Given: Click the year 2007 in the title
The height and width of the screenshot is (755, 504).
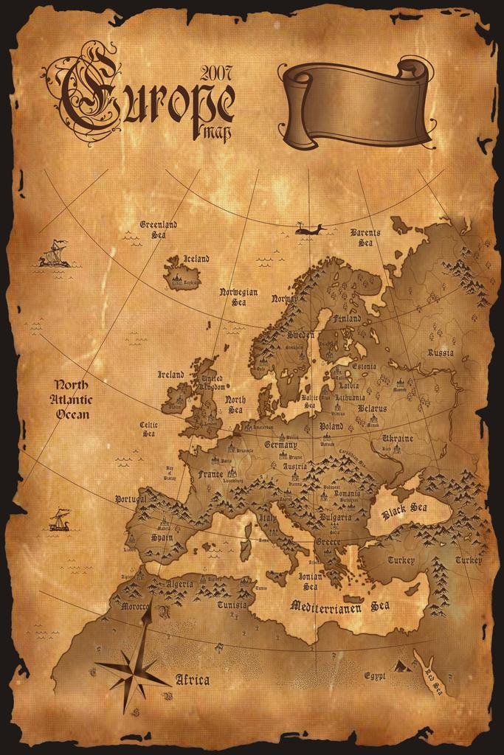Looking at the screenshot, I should coord(215,72).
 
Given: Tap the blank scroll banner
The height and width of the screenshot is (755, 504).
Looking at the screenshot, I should coord(355,105).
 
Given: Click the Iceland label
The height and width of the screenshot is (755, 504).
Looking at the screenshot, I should coord(196,259).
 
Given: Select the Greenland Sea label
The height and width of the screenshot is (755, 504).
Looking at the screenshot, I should coord(158,229).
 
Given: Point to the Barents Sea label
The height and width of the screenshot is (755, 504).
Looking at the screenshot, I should coord(365,237).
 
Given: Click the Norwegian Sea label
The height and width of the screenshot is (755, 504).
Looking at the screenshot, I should coord(238,296).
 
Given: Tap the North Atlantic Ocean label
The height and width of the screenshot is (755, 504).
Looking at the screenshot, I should coord(72,399).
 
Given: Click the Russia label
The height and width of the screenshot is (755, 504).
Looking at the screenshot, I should coord(441,352).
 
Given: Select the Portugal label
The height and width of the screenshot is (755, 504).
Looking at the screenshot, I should coord(131,499).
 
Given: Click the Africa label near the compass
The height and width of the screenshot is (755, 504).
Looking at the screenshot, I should coord(192,680).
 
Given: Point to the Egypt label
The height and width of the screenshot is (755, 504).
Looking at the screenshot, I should coord(374,675).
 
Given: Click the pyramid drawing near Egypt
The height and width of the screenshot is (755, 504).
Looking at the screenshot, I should coord(401,666).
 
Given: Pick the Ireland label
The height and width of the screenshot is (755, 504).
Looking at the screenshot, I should coord(171,375).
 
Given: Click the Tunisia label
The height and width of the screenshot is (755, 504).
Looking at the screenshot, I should coord(232,605).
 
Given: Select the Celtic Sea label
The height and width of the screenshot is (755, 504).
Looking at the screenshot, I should coord(148,429).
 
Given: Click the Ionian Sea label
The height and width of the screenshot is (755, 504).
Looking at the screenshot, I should coord(310,582).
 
